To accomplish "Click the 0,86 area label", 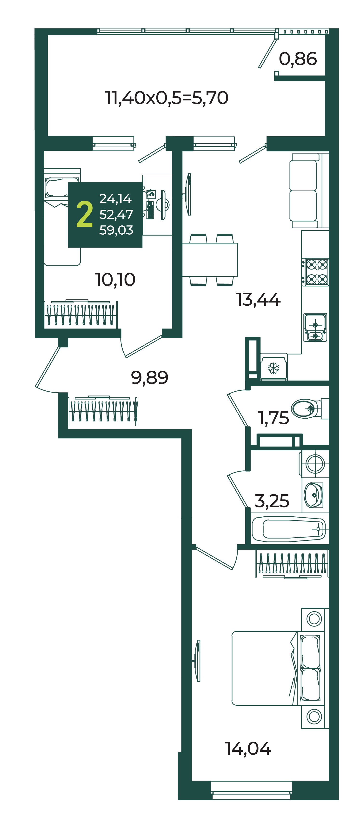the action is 298,59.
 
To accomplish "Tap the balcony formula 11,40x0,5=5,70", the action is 166,98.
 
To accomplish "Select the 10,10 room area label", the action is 115,280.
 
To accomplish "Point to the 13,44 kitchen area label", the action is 258,300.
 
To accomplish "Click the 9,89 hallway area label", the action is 149,378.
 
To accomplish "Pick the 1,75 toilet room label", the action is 273,418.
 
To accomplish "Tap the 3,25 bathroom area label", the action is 272,501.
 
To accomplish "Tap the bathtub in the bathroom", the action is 289,529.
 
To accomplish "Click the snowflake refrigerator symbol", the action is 273,368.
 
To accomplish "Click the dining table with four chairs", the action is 210,260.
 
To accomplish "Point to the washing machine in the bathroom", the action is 315,464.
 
